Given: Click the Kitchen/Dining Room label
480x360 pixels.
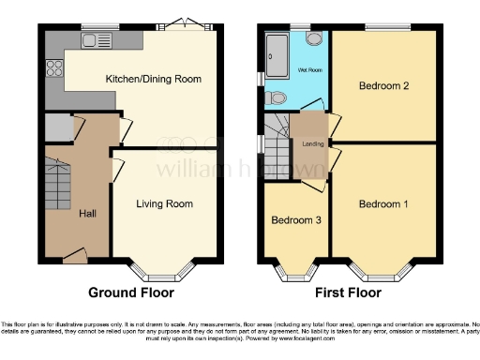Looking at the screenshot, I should pyautogui.click(x=154, y=79).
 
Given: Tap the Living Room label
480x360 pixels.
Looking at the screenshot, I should pyautogui.click(x=164, y=203).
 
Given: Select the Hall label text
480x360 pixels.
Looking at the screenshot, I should pyautogui.click(x=87, y=214).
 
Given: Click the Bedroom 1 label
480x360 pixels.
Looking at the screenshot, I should pyautogui.click(x=383, y=204).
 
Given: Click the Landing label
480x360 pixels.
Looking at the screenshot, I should pyautogui.click(x=313, y=143).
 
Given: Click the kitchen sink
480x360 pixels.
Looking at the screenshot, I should pyautogui.click(x=97, y=40).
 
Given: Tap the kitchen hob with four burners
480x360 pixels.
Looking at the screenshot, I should pyautogui.click(x=52, y=68).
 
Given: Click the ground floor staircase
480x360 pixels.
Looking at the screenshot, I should pyautogui.click(x=58, y=184).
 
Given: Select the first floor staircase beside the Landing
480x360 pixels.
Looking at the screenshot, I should pyautogui.click(x=277, y=141).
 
